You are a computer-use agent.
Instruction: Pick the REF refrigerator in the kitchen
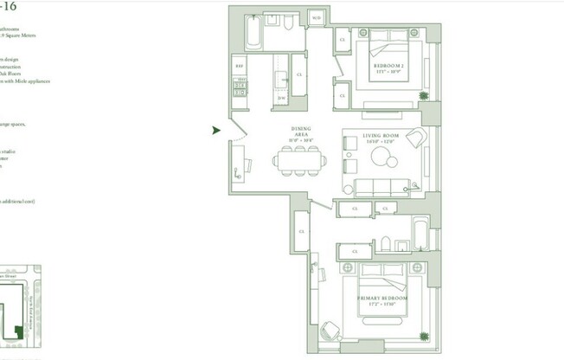point(239,65)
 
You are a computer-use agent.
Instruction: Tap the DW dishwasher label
point(282,98)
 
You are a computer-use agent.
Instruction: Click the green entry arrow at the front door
point(216,130)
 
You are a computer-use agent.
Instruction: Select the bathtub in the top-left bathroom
point(252,33)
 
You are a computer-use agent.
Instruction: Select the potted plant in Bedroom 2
point(423,95)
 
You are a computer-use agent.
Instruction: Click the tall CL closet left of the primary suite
point(302,232)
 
